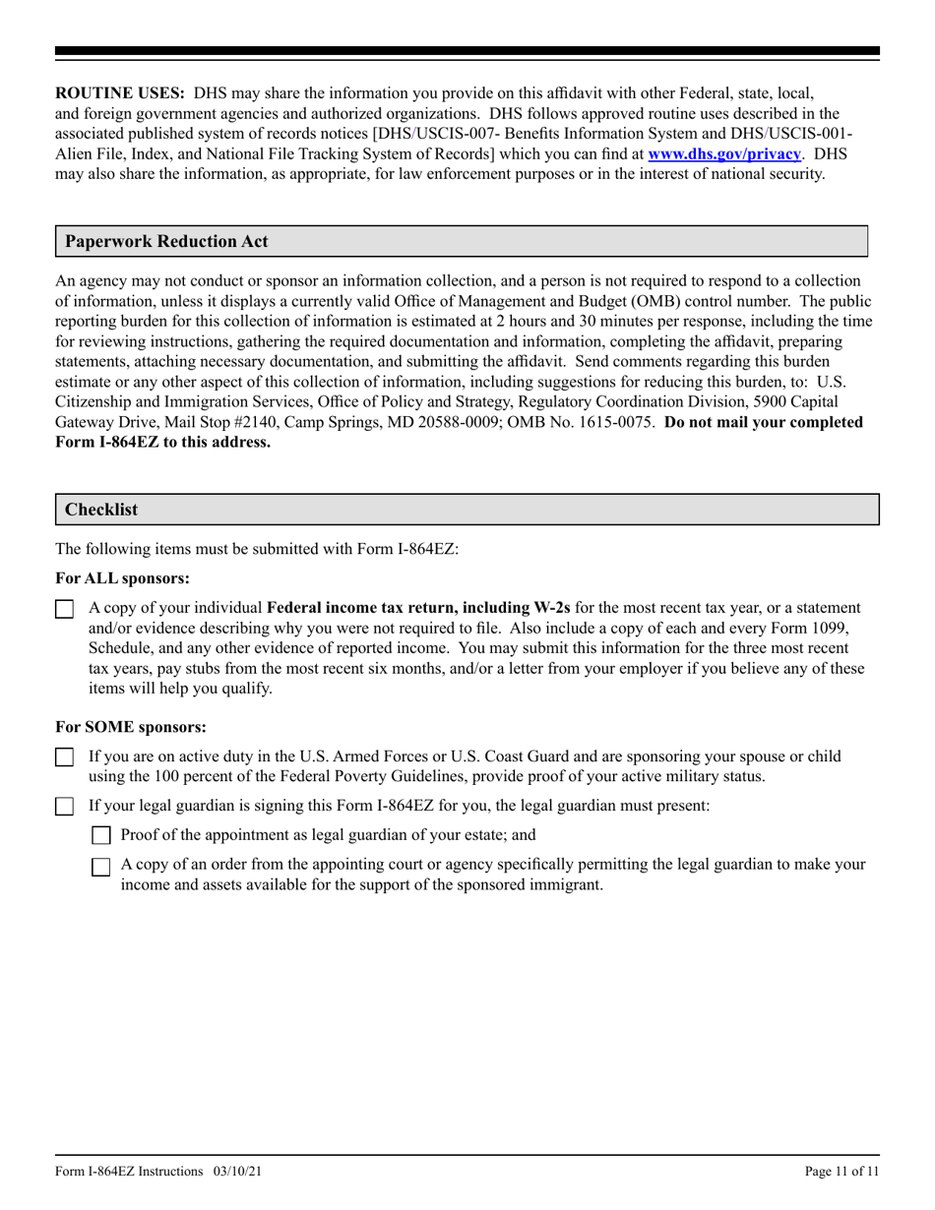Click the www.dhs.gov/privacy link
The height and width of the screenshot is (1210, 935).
pyautogui.click(x=723, y=153)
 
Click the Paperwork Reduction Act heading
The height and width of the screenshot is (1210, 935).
pyautogui.click(x=166, y=241)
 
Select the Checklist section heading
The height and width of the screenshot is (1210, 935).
pyautogui.click(x=101, y=510)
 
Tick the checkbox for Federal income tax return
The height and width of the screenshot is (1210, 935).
pyautogui.click(x=64, y=609)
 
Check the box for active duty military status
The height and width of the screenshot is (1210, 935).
pyautogui.click(x=64, y=757)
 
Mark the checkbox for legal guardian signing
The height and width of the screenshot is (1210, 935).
pyautogui.click(x=64, y=807)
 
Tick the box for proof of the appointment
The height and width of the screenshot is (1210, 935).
pyautogui.click(x=100, y=836)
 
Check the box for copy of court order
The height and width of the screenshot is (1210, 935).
pyautogui.click(x=100, y=867)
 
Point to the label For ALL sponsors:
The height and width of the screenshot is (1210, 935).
pyautogui.click(x=123, y=578)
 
